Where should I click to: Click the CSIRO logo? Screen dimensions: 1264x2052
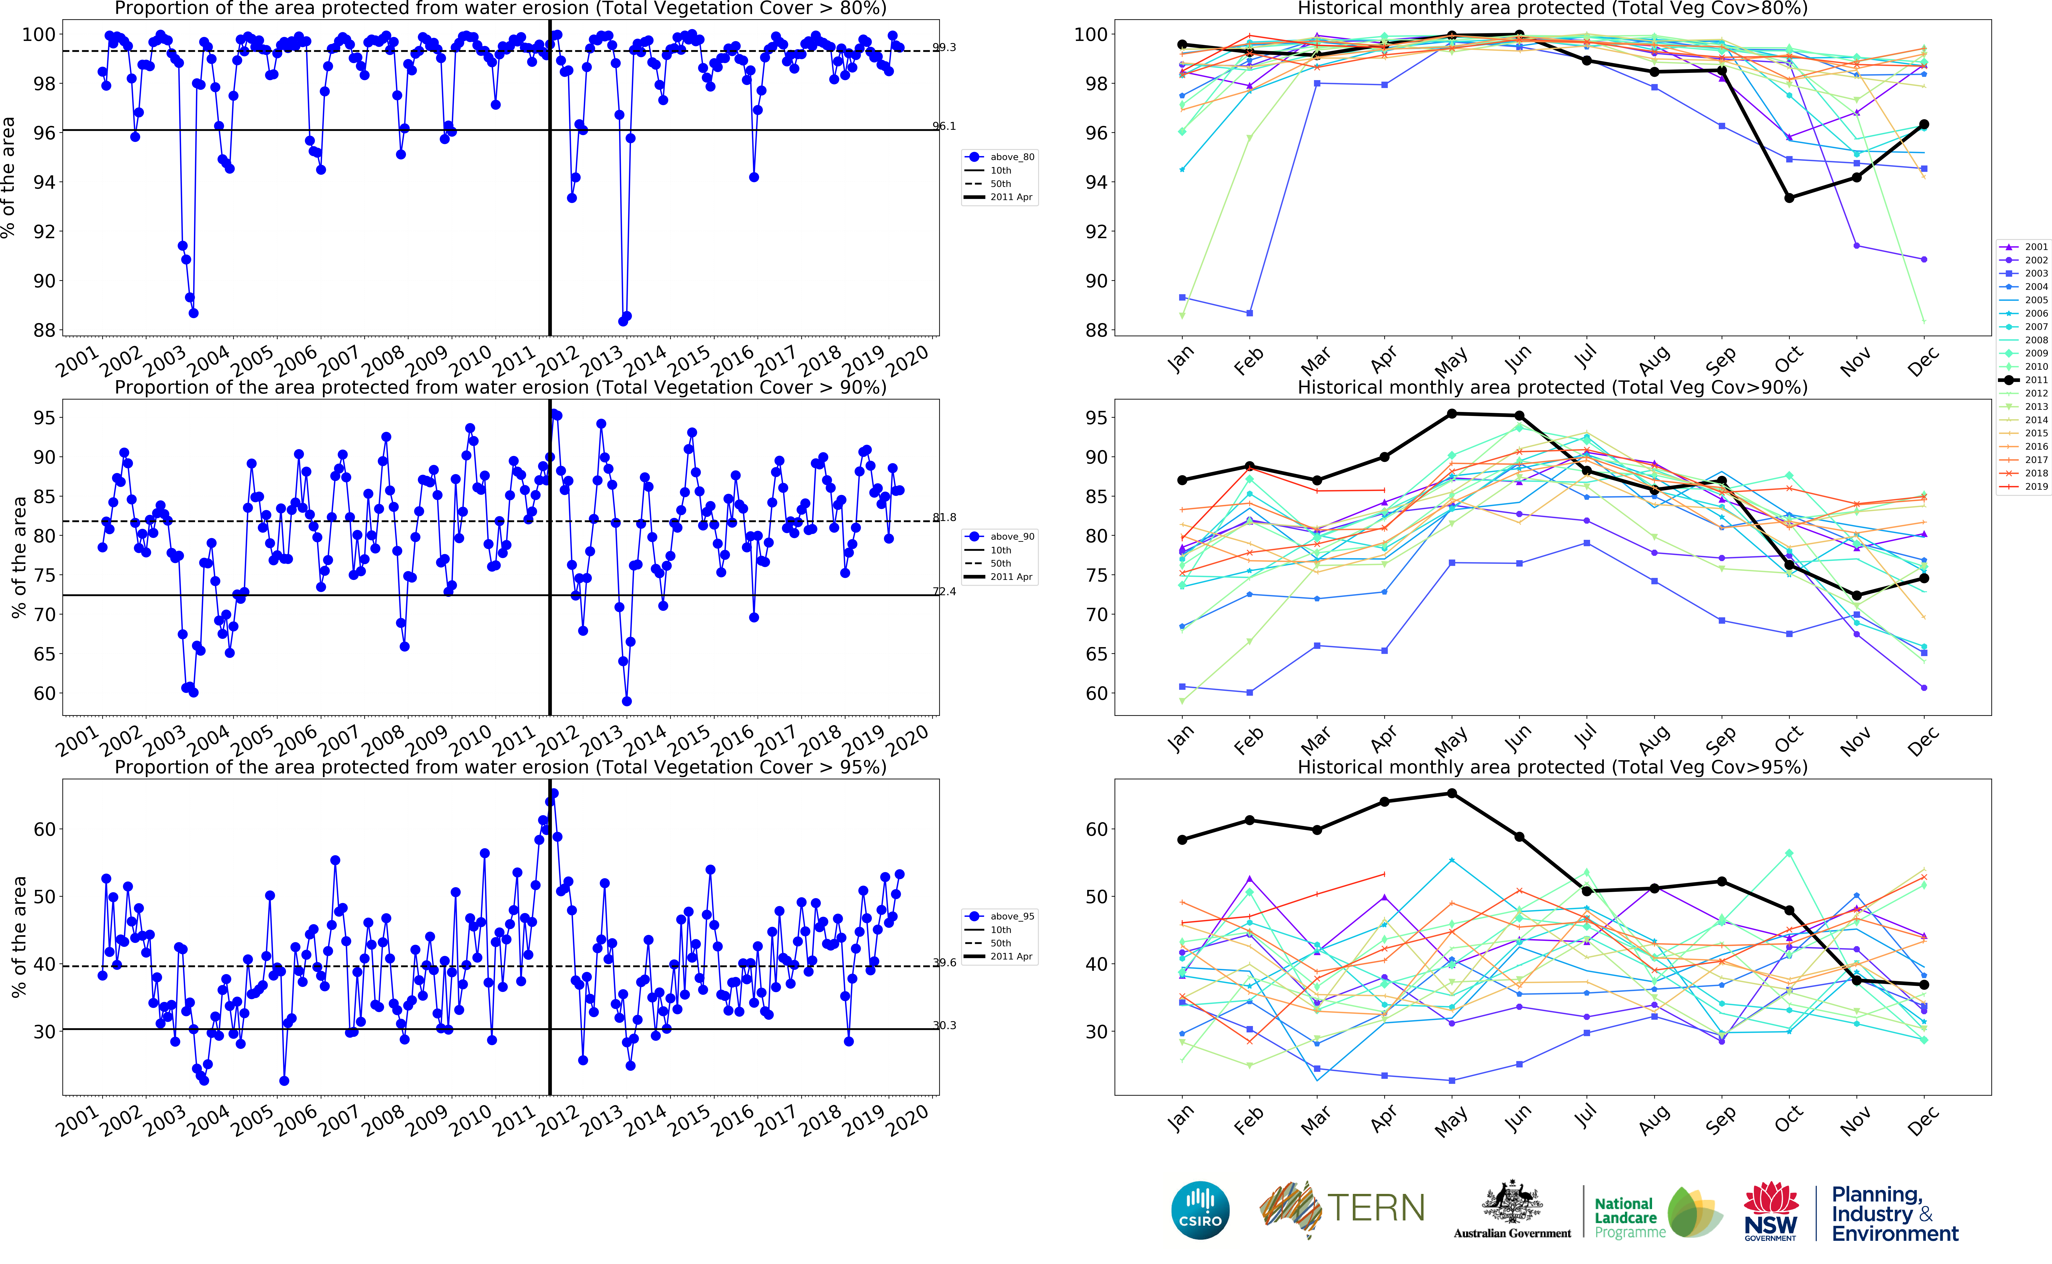(1200, 1210)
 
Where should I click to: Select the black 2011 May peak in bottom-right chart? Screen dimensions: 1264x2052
(1452, 793)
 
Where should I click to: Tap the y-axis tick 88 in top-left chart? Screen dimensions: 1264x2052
(44, 330)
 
